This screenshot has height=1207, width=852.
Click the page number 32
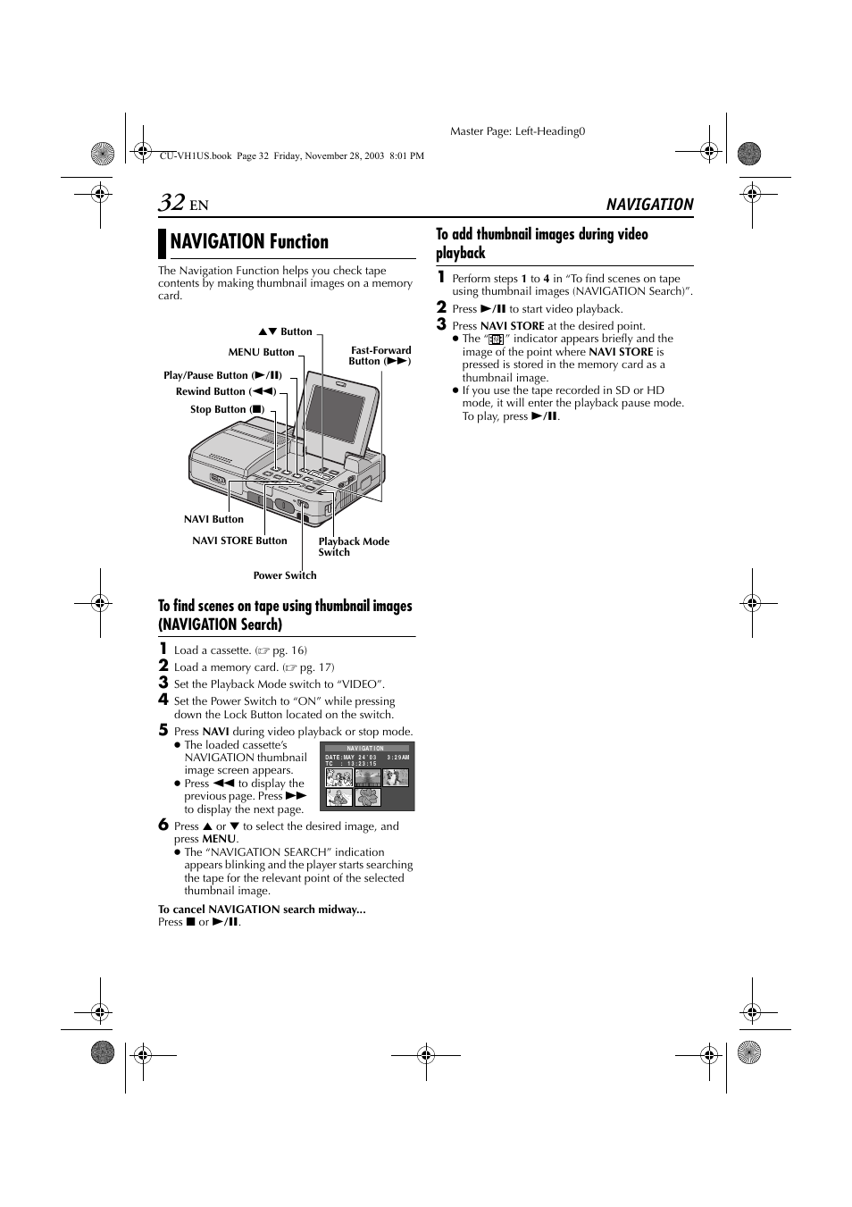171,203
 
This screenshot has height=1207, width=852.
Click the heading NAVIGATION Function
249,242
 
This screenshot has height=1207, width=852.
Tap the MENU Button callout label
261,352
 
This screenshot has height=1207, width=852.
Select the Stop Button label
227,409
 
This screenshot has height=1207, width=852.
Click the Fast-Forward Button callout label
380,356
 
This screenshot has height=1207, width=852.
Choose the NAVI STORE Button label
239,541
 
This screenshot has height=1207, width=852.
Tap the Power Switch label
284,575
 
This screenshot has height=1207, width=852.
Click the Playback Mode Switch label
353,547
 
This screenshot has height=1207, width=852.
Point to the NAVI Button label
213,519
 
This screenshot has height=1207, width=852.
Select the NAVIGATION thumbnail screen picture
367,776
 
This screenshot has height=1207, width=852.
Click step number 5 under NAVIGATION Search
163,730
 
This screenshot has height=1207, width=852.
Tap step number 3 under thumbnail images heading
441,324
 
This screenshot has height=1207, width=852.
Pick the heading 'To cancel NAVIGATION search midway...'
262,909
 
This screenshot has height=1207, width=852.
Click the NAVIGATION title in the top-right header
649,205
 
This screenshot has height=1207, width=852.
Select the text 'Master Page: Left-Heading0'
517,131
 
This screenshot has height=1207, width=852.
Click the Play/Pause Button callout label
222,375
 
